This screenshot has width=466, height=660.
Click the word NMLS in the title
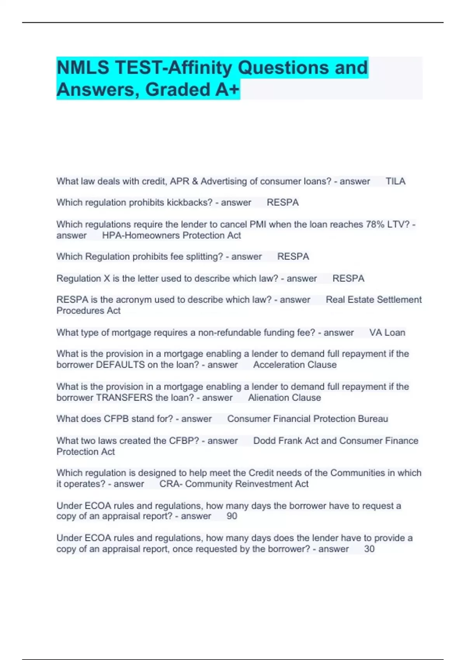pos(83,68)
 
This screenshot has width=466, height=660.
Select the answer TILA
pos(395,181)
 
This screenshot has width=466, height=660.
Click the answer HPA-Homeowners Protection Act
pos(171,235)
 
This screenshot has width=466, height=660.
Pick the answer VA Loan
pos(387,333)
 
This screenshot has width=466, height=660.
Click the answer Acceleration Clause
pos(295,365)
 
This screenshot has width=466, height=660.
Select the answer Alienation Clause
pos(284,398)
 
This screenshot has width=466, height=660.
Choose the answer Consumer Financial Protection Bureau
pos(307,419)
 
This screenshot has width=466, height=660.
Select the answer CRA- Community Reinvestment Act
pos(234,484)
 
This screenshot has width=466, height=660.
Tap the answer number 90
pos(232,516)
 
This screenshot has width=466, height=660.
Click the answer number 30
pos(369,549)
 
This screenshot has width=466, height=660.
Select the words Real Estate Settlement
pos(374,300)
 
